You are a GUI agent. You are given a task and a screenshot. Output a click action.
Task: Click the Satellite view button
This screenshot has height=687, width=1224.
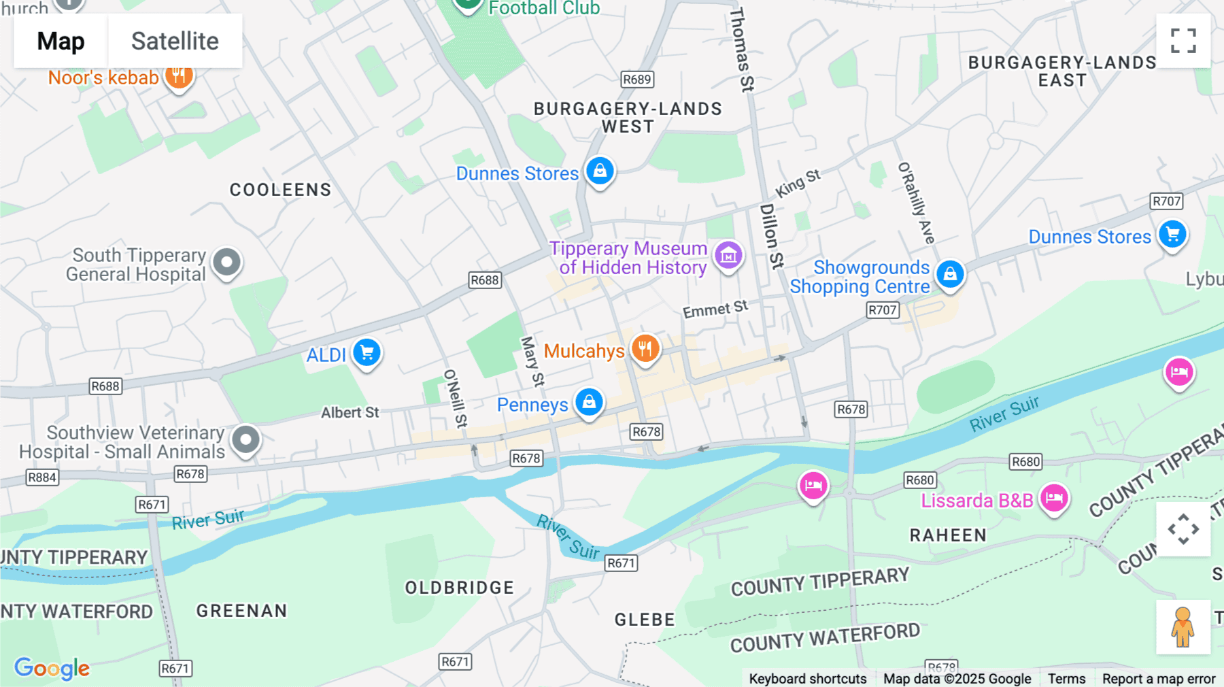click(175, 41)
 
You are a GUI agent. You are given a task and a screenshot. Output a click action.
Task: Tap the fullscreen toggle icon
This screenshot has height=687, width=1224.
click(1183, 41)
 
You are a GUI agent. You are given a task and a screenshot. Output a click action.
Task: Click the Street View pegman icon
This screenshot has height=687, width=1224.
click(1183, 627)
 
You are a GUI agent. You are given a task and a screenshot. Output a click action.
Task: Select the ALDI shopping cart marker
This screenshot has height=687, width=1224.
click(367, 352)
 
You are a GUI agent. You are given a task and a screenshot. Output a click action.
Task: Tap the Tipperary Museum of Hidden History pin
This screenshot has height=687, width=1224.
click(728, 256)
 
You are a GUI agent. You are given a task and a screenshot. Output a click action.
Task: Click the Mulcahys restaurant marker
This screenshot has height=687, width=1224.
click(645, 349)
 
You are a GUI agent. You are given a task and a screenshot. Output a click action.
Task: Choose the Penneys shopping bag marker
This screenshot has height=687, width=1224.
click(589, 402)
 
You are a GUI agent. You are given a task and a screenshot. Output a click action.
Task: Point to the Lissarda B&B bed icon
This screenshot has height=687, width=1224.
click(1054, 498)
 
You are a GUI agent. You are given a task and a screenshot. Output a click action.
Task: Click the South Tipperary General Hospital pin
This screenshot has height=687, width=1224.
click(226, 262)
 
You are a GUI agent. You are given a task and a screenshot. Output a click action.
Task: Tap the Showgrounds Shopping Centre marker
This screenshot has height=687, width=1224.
click(950, 274)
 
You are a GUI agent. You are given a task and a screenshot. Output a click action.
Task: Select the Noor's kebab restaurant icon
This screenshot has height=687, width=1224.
click(178, 75)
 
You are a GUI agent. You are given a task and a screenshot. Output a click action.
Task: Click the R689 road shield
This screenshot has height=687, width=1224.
click(637, 80)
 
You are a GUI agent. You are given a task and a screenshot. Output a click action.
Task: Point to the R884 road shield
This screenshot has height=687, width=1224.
click(42, 477)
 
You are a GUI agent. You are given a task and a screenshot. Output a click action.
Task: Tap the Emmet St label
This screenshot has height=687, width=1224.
click(715, 309)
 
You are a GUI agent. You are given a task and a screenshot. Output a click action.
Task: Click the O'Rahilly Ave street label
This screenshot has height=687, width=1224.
click(917, 203)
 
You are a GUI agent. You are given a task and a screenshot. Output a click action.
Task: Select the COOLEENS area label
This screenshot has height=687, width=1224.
click(280, 190)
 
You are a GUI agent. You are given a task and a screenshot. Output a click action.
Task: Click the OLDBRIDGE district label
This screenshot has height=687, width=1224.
click(460, 588)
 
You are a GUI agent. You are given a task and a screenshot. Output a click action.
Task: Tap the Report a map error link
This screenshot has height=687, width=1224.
click(1158, 679)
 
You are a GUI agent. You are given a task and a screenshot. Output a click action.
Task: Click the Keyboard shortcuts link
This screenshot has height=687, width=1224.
click(807, 679)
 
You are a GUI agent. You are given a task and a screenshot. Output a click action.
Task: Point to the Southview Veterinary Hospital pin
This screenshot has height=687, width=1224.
click(245, 439)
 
